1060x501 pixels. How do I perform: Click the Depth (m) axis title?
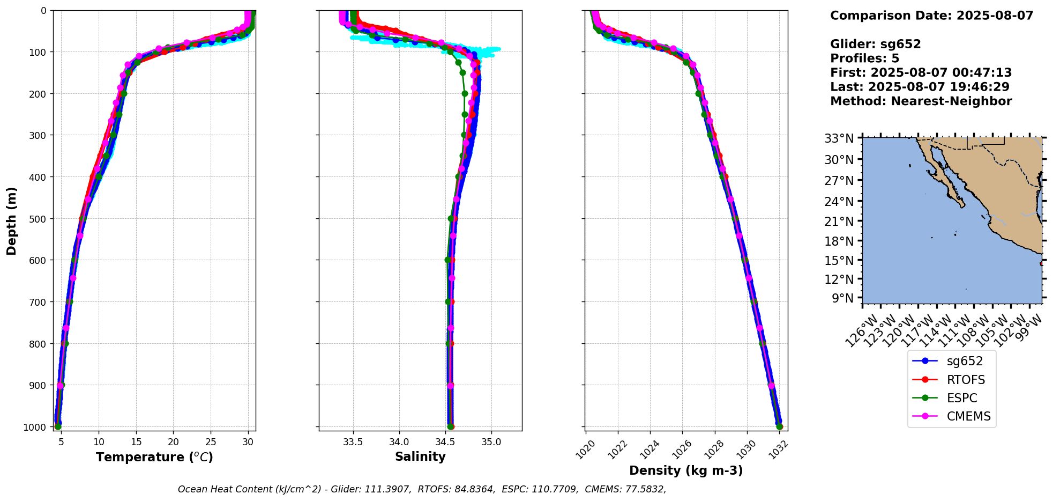[12, 220]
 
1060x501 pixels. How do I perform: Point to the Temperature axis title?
[154, 457]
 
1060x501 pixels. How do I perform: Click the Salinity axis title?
[420, 456]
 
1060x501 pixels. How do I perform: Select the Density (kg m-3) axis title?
[686, 470]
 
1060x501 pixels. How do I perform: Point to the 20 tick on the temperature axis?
[173, 442]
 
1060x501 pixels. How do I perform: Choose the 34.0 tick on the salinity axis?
[399, 442]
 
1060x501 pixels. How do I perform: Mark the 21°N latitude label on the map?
[839, 222]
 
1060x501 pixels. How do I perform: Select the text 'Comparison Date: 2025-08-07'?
[931, 16]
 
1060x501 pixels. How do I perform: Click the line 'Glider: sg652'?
[875, 44]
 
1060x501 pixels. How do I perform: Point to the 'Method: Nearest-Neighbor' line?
[921, 101]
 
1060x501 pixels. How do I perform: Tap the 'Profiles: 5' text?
[864, 58]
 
